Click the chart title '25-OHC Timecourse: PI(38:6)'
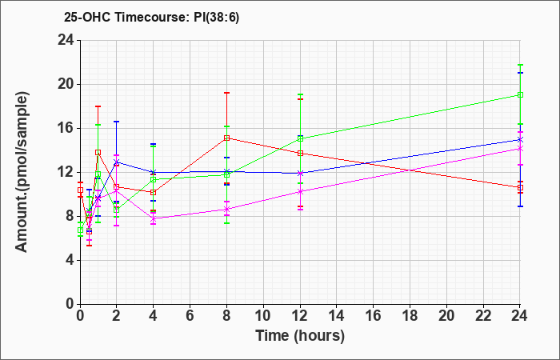pyautogui.click(x=151, y=17)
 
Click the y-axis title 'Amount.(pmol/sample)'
pyautogui.click(x=22, y=172)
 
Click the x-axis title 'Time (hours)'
pyautogui.click(x=300, y=336)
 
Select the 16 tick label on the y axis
pyautogui.click(x=66, y=129)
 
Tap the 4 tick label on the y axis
pyautogui.click(x=70, y=260)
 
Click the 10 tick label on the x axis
pyautogui.click(x=263, y=316)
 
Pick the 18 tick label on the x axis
pyautogui.click(x=410, y=316)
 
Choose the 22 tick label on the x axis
pyautogui.click(x=483, y=316)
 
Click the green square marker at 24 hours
pyautogui.click(x=520, y=94)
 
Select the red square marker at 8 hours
pyautogui.click(x=226, y=138)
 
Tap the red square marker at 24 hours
pyautogui.click(x=520, y=187)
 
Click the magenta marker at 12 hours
pyautogui.click(x=300, y=191)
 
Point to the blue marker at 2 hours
pyautogui.click(x=116, y=162)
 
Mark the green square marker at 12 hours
pyautogui.click(x=300, y=139)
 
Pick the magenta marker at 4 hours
pyautogui.click(x=154, y=218)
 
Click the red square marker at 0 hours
pyautogui.click(x=80, y=190)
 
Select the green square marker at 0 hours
pyautogui.click(x=80, y=230)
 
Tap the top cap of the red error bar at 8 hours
pyautogui.click(x=226, y=93)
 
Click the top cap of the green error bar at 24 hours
pyautogui.click(x=520, y=65)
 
